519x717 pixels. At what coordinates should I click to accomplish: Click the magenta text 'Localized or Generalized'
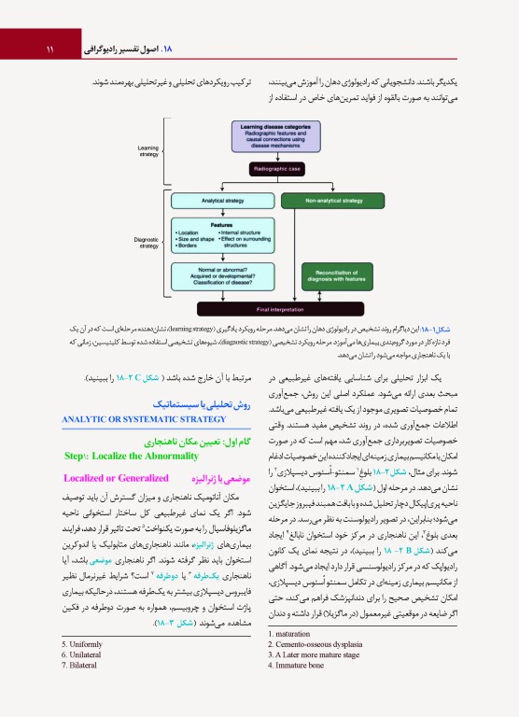tap(130, 478)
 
